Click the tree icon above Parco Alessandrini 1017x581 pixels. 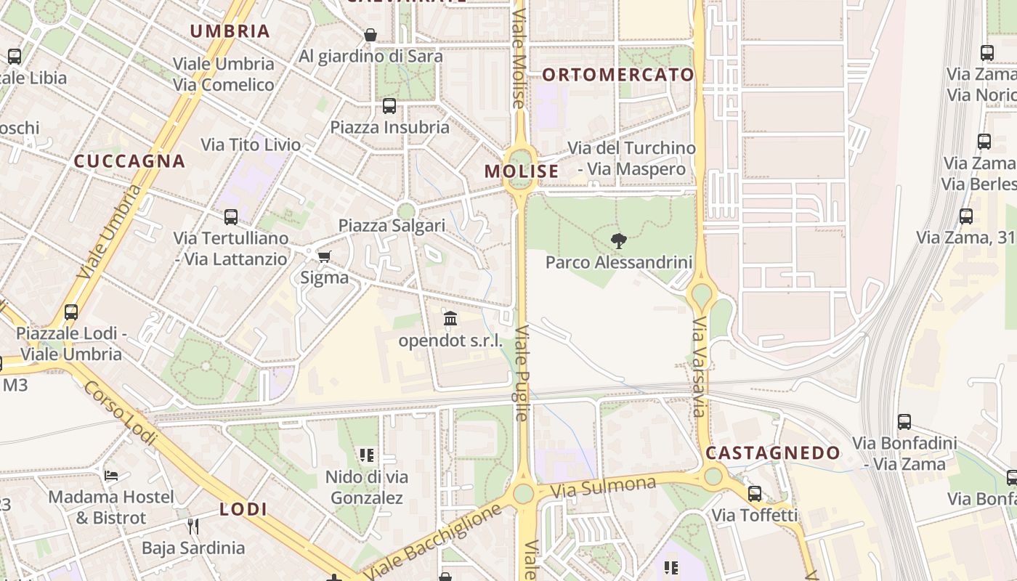pos(619,241)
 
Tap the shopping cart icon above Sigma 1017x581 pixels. pos(324,256)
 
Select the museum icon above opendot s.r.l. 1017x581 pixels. pos(450,319)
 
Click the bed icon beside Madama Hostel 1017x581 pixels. pos(110,476)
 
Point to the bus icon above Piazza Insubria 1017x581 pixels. pos(389,106)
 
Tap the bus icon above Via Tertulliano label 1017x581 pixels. pos(231,216)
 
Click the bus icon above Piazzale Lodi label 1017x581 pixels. pos(71,312)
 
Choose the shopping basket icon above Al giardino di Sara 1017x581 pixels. pos(370,35)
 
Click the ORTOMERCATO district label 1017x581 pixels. pos(618,75)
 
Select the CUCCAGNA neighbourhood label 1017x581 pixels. pos(130,161)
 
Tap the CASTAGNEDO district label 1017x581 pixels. pos(773,453)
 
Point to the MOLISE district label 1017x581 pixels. pos(522,171)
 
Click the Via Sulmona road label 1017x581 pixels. pos(603,487)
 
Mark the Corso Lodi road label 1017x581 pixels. pos(120,412)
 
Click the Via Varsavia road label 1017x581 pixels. pos(699,367)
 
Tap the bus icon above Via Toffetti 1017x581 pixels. pos(755,494)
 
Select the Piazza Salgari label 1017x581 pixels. pos(392,225)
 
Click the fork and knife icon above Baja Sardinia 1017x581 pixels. pos(193,526)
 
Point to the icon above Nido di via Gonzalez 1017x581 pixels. pos(367,455)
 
